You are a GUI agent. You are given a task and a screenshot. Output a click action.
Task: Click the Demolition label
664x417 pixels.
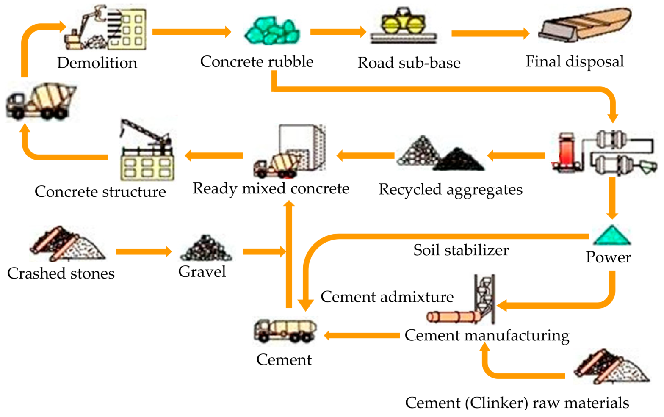point(97,63)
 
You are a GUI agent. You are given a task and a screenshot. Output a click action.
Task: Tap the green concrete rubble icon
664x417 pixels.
point(272,31)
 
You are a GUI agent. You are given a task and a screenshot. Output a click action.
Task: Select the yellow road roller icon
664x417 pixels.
point(403,23)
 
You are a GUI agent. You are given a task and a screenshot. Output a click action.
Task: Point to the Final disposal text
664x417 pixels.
point(575,62)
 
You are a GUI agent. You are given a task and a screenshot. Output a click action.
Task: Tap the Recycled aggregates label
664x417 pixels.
point(450,189)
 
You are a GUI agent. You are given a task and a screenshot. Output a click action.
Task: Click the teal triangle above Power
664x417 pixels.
point(611,235)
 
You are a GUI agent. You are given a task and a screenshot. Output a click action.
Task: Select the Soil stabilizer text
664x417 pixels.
point(461,250)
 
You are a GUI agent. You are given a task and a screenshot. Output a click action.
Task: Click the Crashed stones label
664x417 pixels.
point(61,273)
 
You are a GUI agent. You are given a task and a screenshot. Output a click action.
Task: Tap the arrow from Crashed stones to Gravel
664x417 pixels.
point(143,252)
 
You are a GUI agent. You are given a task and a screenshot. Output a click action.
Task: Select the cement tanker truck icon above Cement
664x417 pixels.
point(285,330)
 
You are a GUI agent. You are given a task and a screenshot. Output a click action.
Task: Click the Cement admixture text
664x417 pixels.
point(387,297)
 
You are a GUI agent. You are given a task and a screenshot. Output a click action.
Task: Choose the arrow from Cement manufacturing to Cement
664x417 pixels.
point(362,336)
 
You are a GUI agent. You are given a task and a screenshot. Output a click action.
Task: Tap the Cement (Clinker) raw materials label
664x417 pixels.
point(517,403)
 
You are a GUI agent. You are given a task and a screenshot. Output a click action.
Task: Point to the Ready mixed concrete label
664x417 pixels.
point(271,188)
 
